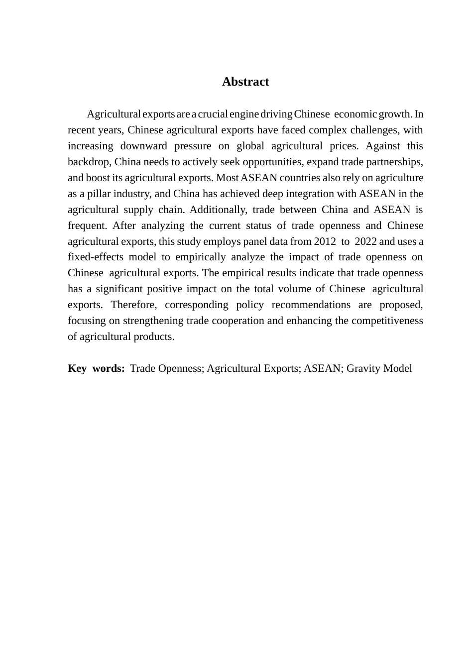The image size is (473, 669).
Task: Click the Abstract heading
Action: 245,82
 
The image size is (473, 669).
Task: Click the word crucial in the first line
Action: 213,114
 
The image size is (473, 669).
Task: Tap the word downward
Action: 143,146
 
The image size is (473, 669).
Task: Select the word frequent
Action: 87,226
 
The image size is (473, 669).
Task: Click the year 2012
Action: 325,242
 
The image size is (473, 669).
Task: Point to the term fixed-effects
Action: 95,257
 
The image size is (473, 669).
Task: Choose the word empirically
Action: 200,257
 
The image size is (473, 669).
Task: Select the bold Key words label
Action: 96,369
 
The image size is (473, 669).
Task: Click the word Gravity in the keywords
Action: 363,369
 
